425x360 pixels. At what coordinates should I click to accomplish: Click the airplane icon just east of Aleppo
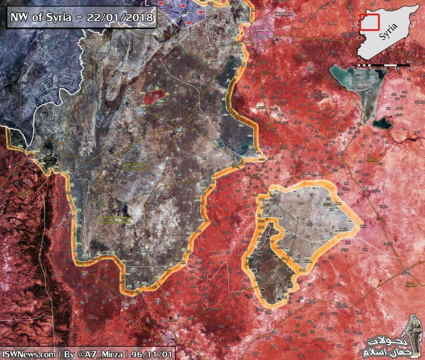[277, 40]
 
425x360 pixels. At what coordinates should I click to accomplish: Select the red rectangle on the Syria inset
[369, 22]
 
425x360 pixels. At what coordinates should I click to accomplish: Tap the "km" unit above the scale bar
[410, 62]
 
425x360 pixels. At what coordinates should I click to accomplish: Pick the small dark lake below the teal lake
[382, 123]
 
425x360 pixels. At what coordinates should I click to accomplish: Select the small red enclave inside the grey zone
[154, 97]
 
